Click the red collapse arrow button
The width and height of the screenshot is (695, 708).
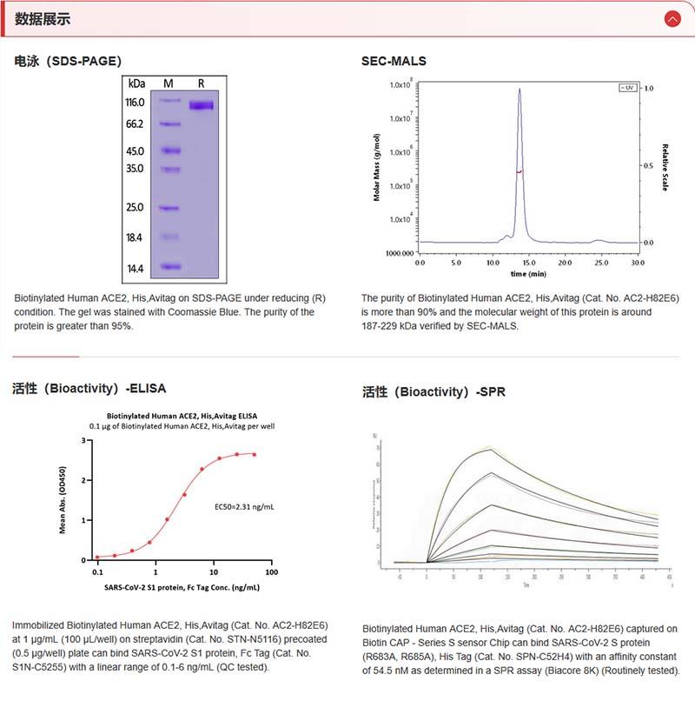[672, 18]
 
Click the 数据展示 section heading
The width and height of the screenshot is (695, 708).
[43, 18]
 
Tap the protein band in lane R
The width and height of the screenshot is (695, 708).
[201, 106]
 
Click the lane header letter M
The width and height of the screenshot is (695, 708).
[169, 83]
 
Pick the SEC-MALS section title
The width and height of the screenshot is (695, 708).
[394, 61]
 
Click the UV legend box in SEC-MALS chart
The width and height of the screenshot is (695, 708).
[626, 88]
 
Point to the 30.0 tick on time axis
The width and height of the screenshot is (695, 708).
[638, 262]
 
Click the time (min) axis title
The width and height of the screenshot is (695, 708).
[528, 273]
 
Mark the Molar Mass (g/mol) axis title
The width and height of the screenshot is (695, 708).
[378, 168]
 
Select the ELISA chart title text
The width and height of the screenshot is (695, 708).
[182, 416]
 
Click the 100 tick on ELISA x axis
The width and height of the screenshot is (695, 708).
[271, 572]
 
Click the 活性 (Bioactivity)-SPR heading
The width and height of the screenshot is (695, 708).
[434, 392]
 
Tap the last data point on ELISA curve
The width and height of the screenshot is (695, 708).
[254, 454]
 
